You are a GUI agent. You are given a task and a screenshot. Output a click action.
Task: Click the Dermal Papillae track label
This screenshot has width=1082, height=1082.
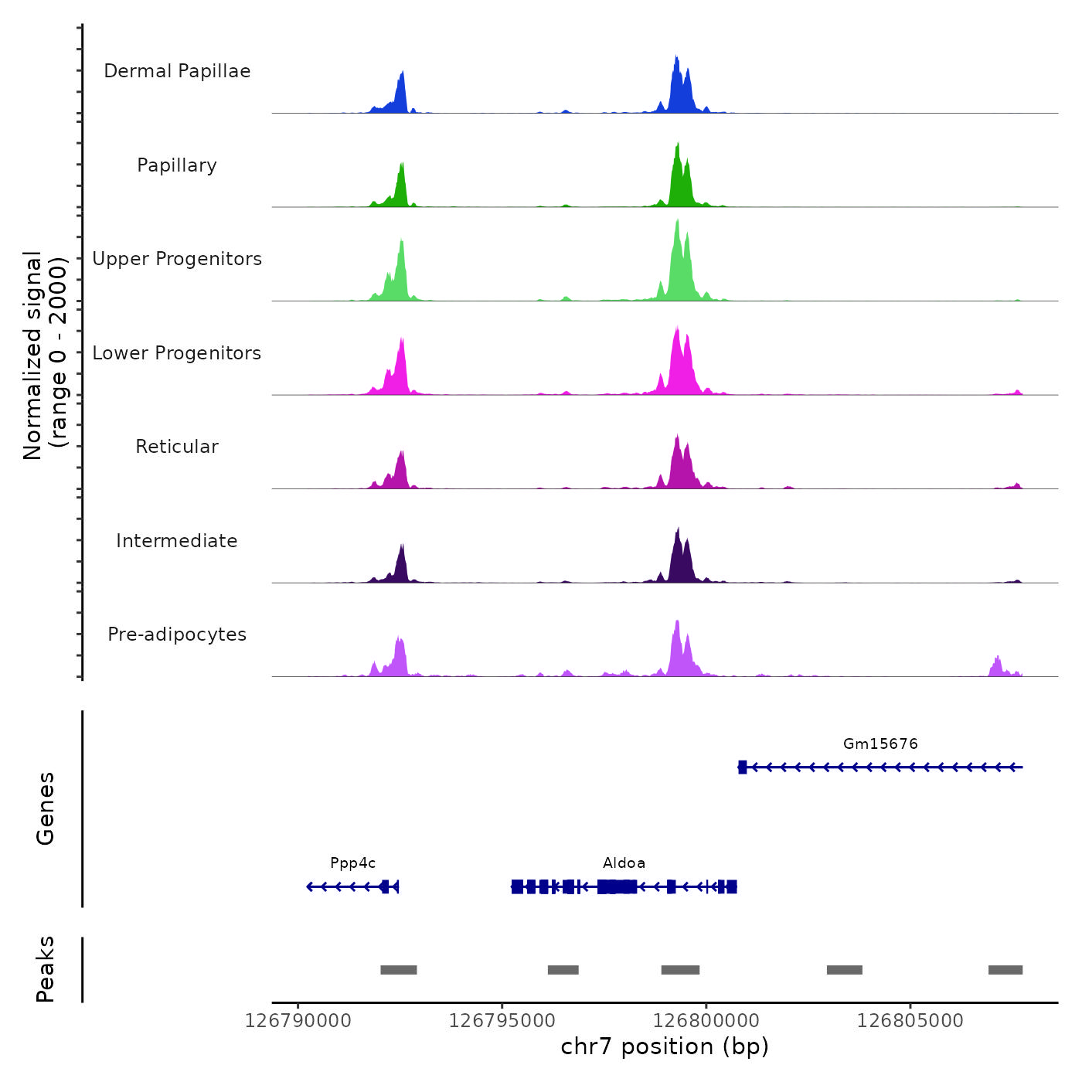177,71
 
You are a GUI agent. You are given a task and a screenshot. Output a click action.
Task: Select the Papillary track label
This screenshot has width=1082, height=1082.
177,165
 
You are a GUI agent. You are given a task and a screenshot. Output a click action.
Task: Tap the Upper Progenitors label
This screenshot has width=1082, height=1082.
177,259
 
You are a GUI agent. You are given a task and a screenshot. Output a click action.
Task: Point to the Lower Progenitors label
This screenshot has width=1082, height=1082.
177,353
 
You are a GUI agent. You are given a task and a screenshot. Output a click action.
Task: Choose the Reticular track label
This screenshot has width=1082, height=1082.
177,447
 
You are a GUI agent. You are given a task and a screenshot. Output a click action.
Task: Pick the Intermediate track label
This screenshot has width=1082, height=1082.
177,541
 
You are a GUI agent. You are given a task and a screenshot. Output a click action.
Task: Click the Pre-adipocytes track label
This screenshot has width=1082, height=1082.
177,635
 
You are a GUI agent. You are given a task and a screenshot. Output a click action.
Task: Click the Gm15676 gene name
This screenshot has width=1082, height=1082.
880,744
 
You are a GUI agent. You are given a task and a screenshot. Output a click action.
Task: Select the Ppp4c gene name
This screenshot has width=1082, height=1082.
352,863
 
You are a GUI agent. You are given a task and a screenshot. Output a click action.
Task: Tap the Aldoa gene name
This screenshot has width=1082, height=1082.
624,863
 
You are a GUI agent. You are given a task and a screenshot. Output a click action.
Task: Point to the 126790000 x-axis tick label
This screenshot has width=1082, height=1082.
298,1021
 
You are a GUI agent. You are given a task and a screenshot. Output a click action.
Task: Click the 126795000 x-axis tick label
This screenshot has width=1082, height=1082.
502,1021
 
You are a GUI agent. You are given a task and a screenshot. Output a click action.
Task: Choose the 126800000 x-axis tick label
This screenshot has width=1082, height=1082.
706,1021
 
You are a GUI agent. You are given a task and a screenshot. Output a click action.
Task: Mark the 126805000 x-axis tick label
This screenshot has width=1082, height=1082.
910,1021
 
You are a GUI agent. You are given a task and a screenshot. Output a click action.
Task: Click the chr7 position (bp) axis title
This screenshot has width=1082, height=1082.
665,1046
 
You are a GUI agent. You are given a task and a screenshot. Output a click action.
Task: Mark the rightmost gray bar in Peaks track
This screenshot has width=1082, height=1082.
1005,970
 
